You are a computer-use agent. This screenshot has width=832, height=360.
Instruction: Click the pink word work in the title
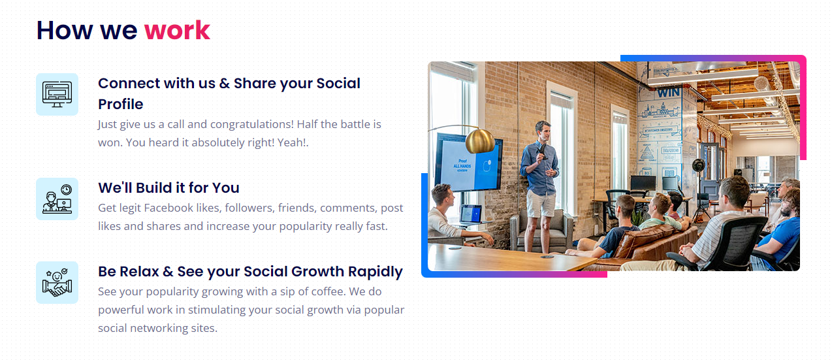[x=177, y=31]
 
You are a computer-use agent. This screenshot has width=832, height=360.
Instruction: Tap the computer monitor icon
[x=57, y=94]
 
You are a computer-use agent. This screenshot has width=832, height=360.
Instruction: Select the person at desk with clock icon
[x=57, y=199]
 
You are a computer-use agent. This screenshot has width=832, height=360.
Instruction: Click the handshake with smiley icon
[x=57, y=282]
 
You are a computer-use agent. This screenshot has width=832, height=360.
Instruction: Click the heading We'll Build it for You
[x=168, y=188]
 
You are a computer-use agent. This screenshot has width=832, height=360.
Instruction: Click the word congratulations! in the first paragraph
[x=252, y=124]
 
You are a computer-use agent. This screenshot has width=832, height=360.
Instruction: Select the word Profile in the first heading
[x=120, y=105]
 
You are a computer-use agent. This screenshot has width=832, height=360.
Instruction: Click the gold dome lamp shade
[x=480, y=141]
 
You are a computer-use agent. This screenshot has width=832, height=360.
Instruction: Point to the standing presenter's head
[x=543, y=131]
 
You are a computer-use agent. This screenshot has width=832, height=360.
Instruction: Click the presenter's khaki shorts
[x=541, y=205]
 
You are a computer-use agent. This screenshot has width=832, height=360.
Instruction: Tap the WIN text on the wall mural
[x=669, y=93]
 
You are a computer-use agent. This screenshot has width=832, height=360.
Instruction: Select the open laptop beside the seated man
[x=471, y=215]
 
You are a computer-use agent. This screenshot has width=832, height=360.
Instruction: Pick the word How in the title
[x=65, y=31]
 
